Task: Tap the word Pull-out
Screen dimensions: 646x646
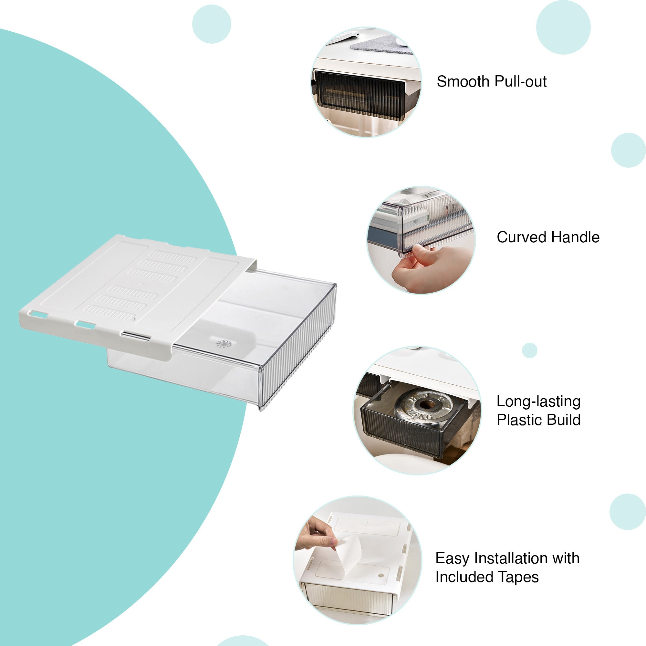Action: tap(520, 81)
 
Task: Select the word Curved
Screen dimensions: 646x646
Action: tap(522, 237)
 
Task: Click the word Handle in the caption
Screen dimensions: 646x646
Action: tap(575, 237)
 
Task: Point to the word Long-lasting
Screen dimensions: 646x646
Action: tap(538, 401)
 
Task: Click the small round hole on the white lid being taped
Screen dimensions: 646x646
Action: tap(381, 576)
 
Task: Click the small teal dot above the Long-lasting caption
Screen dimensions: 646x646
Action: tap(530, 350)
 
